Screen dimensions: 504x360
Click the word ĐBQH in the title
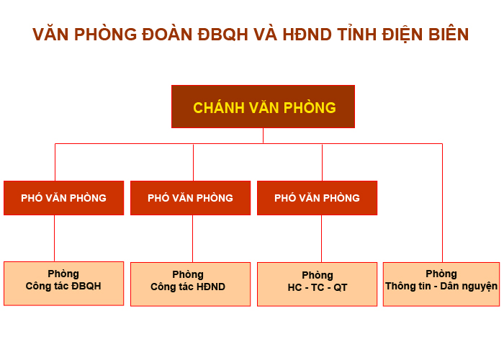point(222,35)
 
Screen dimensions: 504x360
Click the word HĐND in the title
point(307,35)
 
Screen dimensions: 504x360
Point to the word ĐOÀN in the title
point(167,34)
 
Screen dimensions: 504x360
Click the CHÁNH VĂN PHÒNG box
point(263,107)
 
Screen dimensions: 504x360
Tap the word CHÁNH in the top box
point(219,107)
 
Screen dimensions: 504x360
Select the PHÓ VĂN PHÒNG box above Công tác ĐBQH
point(63,198)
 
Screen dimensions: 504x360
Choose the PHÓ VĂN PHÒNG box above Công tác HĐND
point(190,198)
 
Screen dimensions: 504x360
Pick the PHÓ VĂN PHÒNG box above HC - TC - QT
point(317,198)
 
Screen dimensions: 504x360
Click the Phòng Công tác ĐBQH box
point(63,284)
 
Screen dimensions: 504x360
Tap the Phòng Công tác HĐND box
point(190,284)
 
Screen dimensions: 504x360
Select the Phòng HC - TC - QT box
point(317,284)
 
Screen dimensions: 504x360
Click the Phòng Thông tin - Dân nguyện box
point(441,284)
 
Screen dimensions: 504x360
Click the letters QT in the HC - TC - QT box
point(341,287)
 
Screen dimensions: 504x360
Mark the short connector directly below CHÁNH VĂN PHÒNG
point(263,136)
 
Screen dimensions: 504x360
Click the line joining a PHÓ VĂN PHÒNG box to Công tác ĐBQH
point(54,238)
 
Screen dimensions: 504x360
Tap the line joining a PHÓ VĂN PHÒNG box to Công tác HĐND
point(192,238)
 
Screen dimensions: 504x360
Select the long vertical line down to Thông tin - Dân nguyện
point(442,203)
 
